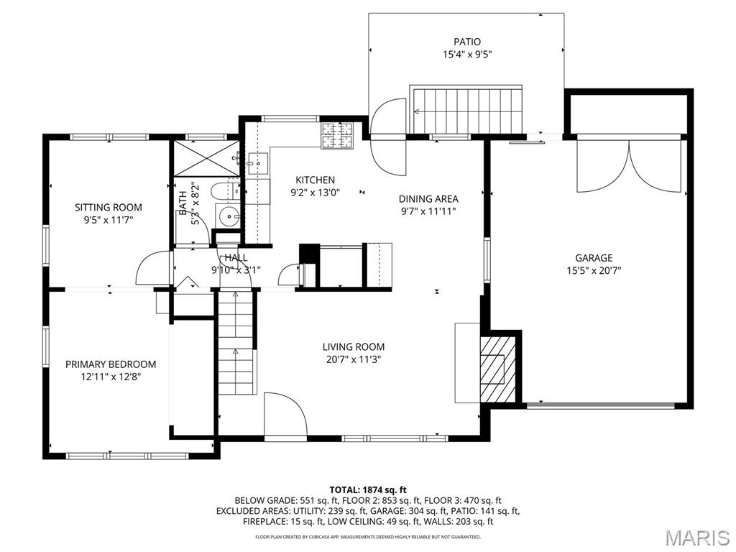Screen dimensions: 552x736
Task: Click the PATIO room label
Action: tap(466, 42)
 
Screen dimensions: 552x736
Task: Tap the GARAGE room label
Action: tap(593, 258)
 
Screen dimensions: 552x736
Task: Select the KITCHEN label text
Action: tap(315, 180)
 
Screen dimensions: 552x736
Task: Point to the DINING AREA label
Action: tap(428, 199)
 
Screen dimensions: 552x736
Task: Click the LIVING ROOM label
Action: tap(353, 346)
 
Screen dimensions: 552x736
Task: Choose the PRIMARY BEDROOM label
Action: tap(110, 364)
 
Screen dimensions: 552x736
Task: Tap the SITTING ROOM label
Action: tap(109, 208)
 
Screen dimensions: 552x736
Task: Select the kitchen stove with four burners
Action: tap(337, 136)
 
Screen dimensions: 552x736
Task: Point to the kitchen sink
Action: tap(257, 164)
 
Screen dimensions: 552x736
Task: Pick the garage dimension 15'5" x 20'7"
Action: tap(593, 271)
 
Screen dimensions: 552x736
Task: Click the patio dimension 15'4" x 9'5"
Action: tap(466, 54)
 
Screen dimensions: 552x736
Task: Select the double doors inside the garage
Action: tap(630, 165)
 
